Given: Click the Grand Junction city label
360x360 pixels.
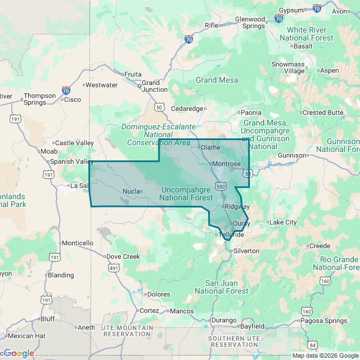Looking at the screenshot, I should pos(154,86).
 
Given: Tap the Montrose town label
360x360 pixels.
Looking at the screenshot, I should pos(227,164).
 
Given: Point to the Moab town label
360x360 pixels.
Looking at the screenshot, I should pos(48,151).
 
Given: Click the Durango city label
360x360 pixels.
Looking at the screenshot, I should pos(224,320).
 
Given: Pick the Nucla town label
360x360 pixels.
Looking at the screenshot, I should pos(130,191).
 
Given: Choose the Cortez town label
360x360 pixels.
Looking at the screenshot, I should pos(149,310).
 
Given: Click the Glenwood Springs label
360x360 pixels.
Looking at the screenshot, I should pos(250,22).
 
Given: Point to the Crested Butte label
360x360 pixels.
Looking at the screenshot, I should pos(323,112).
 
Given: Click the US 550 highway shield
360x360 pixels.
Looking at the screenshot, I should pos(221,186).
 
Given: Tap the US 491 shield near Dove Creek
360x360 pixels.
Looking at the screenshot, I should pos(114,268).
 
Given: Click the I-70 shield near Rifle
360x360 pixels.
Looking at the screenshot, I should pos(189,39).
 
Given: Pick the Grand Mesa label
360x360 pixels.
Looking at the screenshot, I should pos(217,80).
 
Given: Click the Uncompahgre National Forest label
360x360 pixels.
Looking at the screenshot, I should pos(186,193).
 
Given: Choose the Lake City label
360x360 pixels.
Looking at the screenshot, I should pos(282,222).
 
